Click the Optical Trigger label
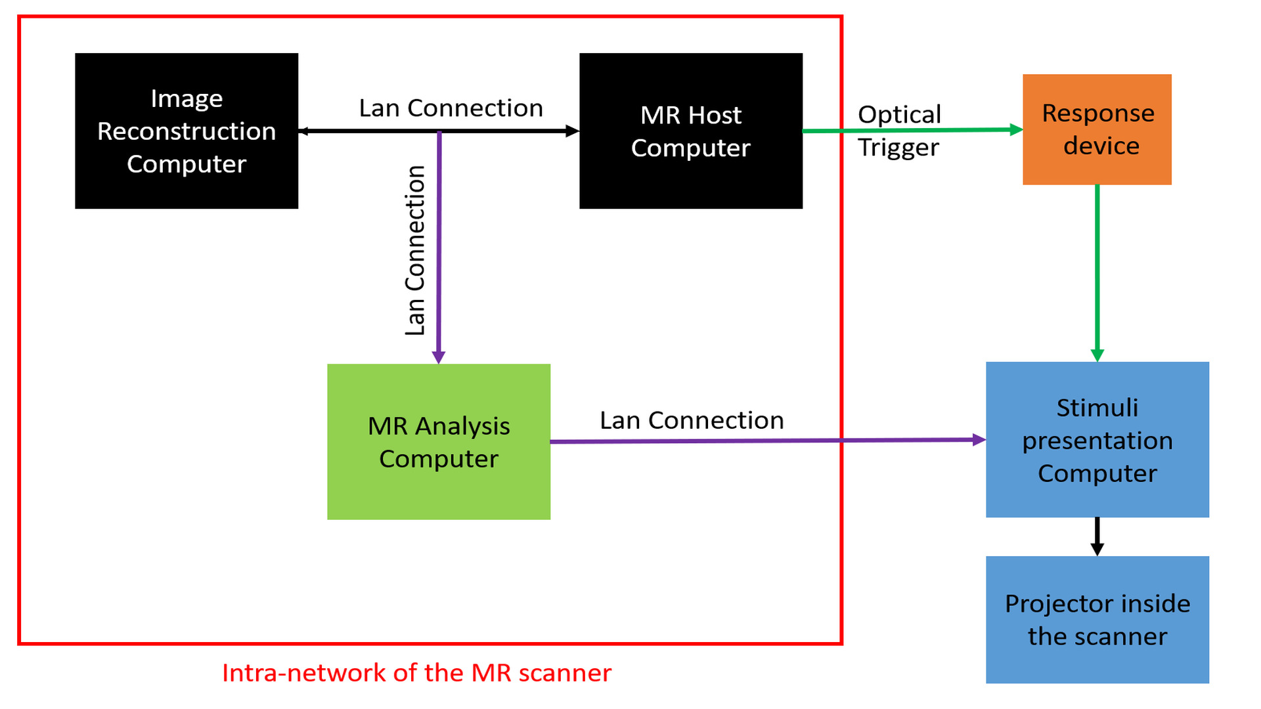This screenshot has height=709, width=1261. [899, 131]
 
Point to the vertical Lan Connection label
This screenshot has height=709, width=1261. [414, 251]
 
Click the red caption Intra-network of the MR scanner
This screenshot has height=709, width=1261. [416, 673]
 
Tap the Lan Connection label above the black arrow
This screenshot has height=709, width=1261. [451, 108]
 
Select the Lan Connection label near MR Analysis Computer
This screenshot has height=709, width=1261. [692, 420]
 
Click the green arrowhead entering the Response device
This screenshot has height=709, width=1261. [1016, 129]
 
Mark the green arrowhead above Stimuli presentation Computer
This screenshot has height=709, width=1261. [1097, 355]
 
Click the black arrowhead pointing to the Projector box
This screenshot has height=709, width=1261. [1097, 549]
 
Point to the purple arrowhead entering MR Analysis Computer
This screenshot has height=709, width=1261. [439, 357]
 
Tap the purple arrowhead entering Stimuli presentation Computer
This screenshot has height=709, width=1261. [979, 440]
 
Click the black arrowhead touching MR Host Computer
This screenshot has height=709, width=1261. [572, 131]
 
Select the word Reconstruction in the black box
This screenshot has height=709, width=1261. [187, 131]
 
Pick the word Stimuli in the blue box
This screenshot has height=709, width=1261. [1097, 408]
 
